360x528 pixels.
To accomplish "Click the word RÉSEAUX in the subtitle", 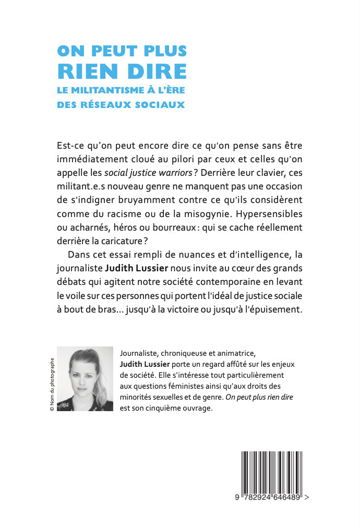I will pyautogui.click(x=106, y=104).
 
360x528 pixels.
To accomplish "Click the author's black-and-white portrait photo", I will pyautogui.click(x=84, y=378).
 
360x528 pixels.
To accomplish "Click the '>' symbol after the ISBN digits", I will pyautogui.click(x=306, y=498).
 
